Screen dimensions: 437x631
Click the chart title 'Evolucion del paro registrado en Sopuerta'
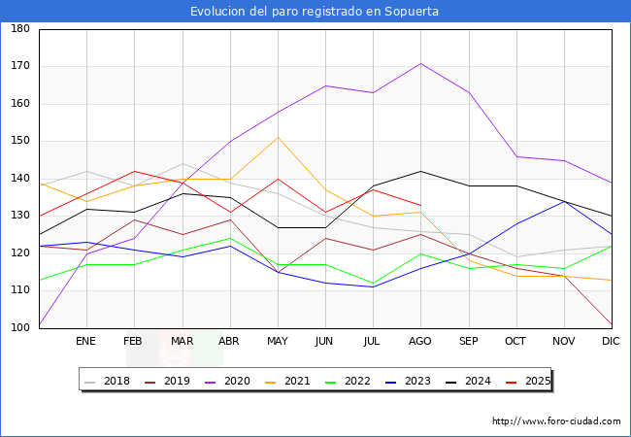coord(315,12)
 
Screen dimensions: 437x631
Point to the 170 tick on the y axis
coord(19,67)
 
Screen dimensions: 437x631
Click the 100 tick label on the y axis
coord(19,328)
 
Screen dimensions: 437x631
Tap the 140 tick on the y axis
coord(19,179)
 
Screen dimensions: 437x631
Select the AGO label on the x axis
coord(420,342)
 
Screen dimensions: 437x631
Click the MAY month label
coord(278,342)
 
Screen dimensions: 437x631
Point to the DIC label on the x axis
coord(611,342)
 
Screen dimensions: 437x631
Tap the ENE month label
coord(86,342)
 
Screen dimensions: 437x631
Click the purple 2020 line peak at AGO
coord(420,63)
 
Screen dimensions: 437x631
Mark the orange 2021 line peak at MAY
coord(278,137)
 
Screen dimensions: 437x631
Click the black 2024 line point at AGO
coord(420,171)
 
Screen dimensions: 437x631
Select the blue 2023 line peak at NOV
coord(563,201)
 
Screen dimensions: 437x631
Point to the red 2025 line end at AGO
coord(420,205)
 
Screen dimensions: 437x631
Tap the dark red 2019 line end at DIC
coord(611,324)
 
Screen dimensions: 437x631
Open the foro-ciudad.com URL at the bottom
coord(556,421)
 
